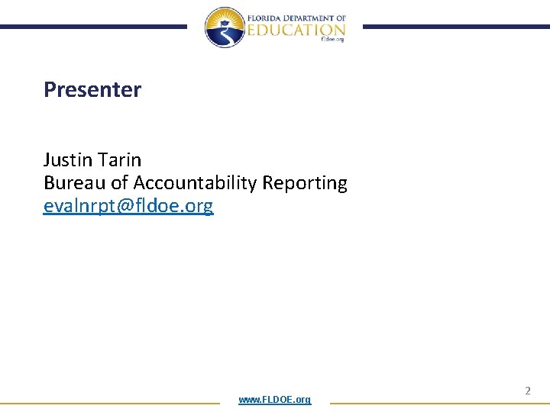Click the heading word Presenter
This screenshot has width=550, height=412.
pyautogui.click(x=92, y=90)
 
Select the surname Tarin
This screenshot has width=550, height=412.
pyautogui.click(x=121, y=160)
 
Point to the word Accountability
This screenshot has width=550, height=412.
pyautogui.click(x=195, y=184)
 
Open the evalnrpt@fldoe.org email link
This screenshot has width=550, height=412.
pyautogui.click(x=128, y=206)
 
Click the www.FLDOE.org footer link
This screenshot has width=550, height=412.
pyautogui.click(x=274, y=400)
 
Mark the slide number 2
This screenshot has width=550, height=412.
pyautogui.click(x=527, y=391)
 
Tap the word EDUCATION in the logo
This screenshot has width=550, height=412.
pyautogui.click(x=296, y=30)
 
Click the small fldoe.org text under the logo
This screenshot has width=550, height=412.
pyautogui.click(x=333, y=40)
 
